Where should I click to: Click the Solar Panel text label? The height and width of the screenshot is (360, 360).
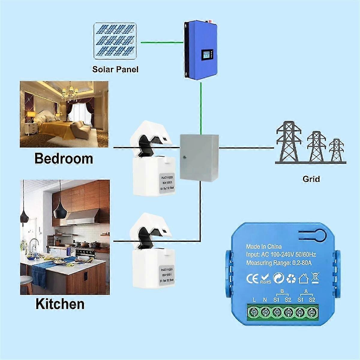click(115, 70)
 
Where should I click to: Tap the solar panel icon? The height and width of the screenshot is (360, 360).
click(115, 41)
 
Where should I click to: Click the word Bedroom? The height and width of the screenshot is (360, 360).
click(64, 158)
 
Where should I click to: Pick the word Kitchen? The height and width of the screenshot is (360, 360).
click(60, 304)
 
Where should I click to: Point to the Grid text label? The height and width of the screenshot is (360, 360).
click(311, 179)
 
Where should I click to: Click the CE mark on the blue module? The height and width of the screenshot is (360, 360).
click(252, 279)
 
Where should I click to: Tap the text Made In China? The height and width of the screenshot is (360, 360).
click(264, 247)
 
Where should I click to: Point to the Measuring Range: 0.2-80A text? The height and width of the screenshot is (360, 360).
click(279, 263)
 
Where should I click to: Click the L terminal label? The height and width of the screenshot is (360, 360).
click(254, 300)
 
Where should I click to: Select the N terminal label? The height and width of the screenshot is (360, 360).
click(265, 300)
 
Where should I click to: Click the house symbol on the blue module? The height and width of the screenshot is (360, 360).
click(303, 278)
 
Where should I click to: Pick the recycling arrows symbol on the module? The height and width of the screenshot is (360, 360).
click(291, 279)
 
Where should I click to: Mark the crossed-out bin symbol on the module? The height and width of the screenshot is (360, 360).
click(315, 278)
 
